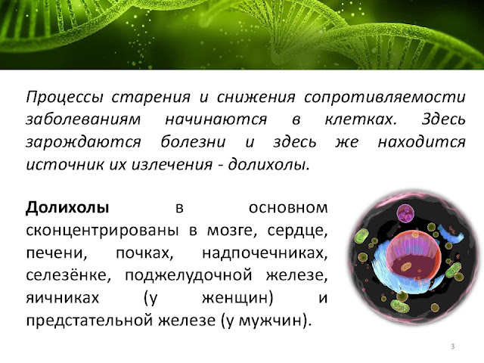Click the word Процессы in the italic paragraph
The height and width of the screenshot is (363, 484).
(64, 98)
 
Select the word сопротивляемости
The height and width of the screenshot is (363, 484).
(385, 98)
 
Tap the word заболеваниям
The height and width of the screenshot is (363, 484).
(83, 119)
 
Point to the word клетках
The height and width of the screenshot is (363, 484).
(361, 119)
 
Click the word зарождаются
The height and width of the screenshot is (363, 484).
(83, 143)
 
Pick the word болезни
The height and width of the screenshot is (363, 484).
(194, 141)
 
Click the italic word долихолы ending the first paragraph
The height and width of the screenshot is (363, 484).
(268, 164)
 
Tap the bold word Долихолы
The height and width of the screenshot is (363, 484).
(67, 208)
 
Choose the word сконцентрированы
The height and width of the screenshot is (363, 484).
(103, 231)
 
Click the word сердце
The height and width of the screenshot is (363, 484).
(297, 231)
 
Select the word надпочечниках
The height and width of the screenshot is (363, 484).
(265, 253)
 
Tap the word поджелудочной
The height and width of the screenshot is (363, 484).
(188, 275)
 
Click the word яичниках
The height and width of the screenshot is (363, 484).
(63, 298)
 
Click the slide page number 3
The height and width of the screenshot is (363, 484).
(452, 346)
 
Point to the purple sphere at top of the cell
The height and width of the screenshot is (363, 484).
(405, 213)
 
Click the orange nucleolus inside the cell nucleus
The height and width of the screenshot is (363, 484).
(406, 266)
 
